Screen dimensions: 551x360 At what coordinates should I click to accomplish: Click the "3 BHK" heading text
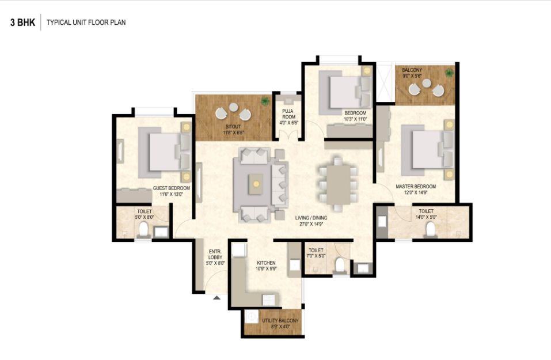(x=23, y=22)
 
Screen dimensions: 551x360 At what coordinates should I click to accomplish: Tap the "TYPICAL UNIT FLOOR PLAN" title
(x=86, y=22)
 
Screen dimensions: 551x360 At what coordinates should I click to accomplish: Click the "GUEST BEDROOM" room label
(x=172, y=188)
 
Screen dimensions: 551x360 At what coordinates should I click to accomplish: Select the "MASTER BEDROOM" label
(x=416, y=186)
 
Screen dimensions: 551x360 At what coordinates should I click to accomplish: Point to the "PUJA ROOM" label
(x=288, y=114)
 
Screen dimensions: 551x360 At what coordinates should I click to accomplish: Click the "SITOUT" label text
(x=233, y=127)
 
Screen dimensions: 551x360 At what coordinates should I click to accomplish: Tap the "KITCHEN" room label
(x=266, y=263)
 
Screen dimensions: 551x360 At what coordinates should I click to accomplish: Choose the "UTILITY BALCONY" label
(x=280, y=321)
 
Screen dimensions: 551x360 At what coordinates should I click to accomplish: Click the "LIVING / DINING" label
(x=311, y=218)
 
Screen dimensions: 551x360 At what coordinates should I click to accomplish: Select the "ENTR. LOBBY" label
(x=215, y=255)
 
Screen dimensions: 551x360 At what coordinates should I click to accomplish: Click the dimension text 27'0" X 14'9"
(x=311, y=223)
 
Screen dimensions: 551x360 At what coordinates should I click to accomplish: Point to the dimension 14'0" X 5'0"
(x=426, y=217)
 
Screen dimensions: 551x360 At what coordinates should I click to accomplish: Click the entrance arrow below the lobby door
(x=217, y=298)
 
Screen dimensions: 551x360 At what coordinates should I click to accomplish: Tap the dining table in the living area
(x=339, y=184)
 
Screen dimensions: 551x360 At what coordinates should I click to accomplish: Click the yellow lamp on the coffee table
(x=256, y=184)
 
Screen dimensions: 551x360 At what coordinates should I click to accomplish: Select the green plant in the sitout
(x=265, y=101)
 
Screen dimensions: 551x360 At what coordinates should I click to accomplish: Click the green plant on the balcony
(x=449, y=73)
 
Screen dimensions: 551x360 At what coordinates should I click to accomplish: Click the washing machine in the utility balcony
(x=252, y=316)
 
